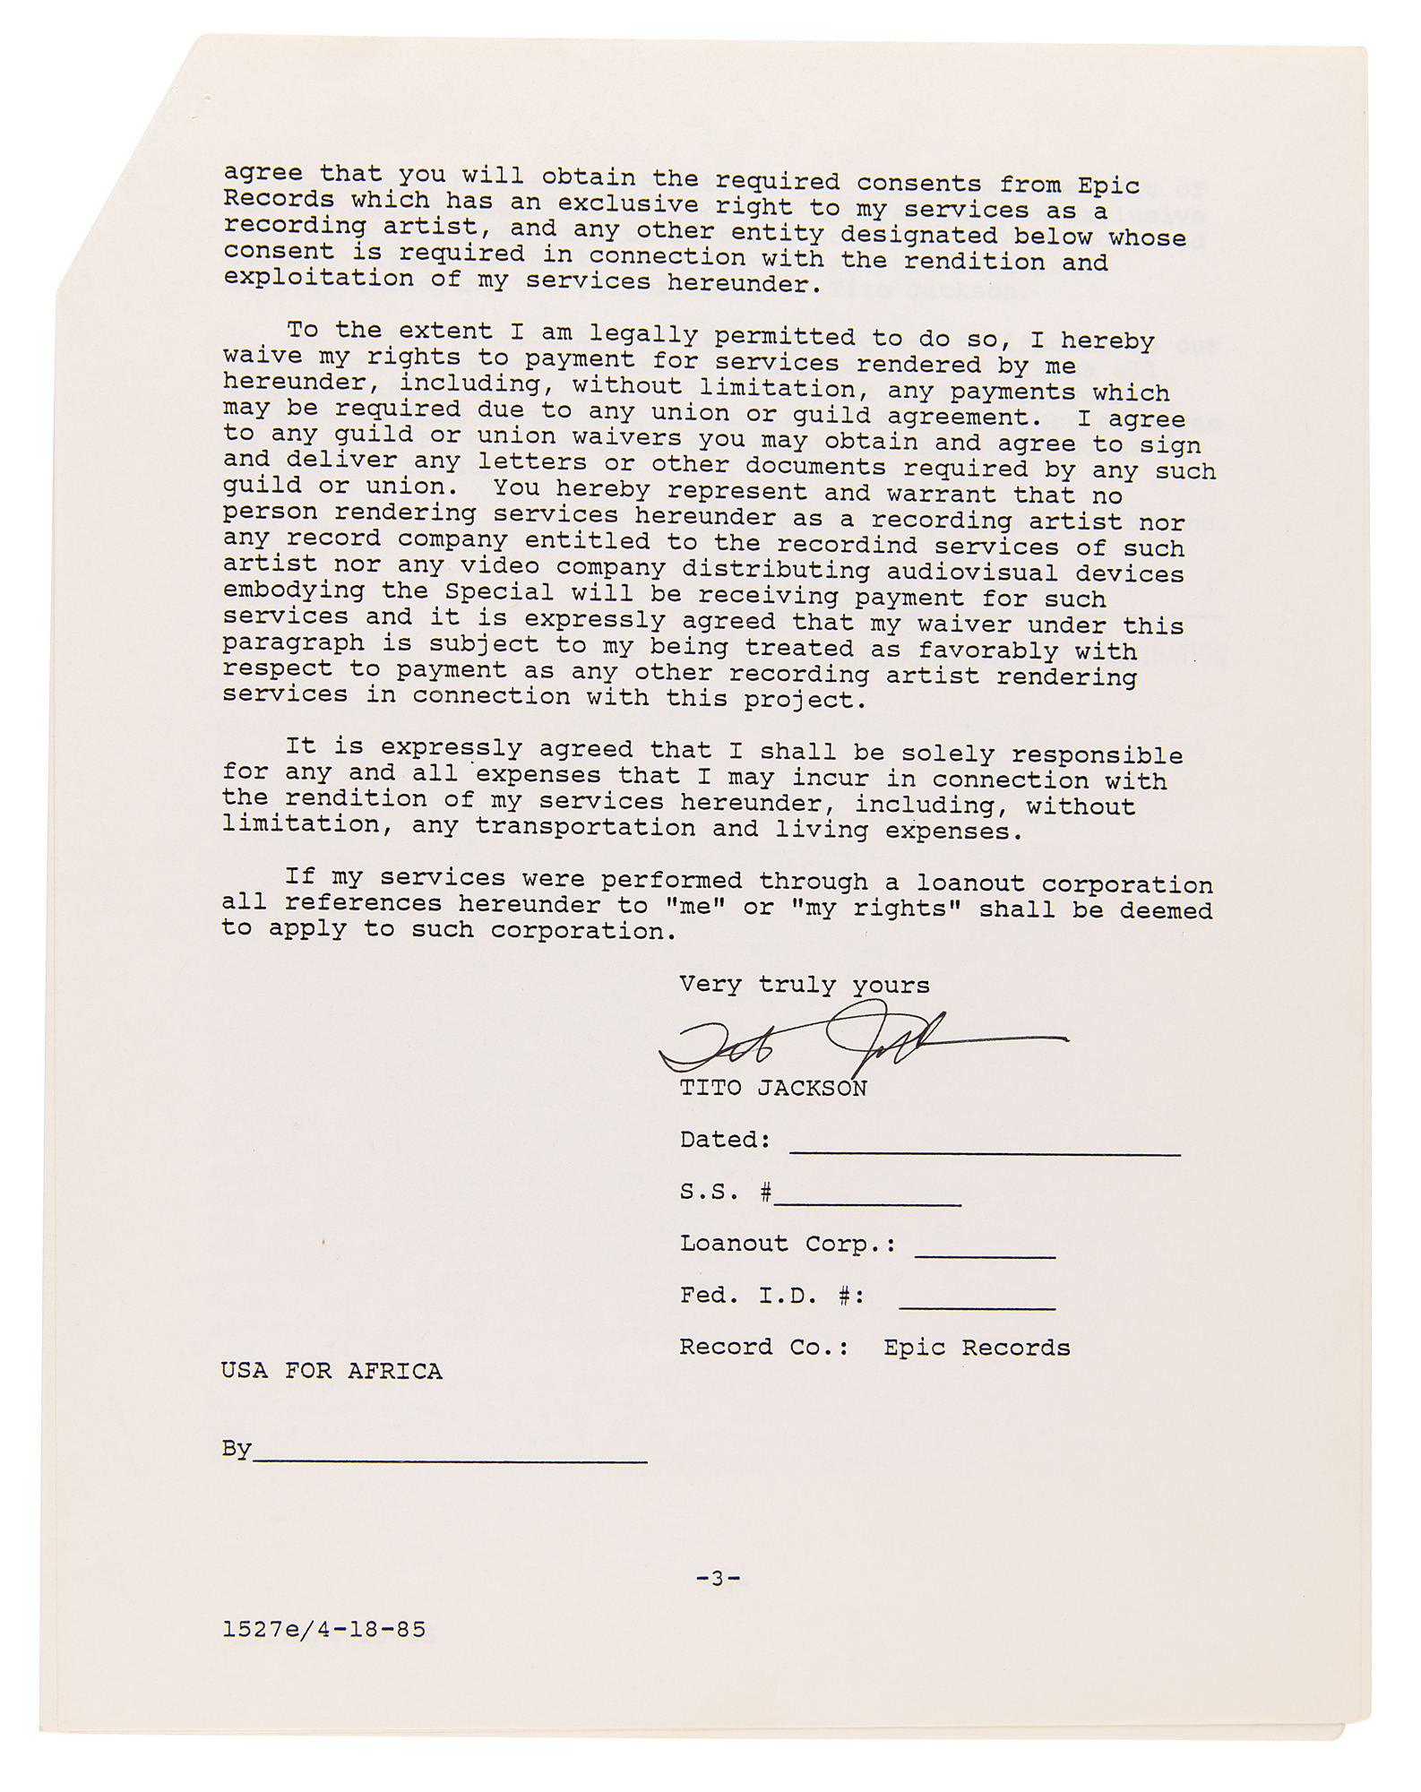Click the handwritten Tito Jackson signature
coord(860,1041)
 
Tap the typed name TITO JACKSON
coord(772,1089)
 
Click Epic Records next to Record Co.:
coord(977,1348)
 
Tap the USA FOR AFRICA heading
coord(332,1372)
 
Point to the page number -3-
coord(718,1579)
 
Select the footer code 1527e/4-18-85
coord(323,1630)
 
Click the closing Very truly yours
coord(804,986)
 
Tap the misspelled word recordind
coord(847,546)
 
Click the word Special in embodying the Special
coord(499,592)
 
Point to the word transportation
coord(585,827)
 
